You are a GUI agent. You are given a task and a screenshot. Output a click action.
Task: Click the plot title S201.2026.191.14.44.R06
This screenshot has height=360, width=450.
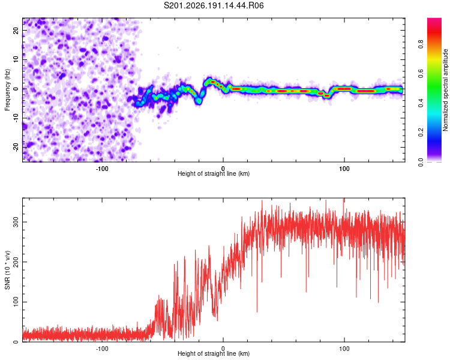(x=214, y=5)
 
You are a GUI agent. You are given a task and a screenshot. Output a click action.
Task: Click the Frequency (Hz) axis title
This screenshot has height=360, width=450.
(x=7, y=90)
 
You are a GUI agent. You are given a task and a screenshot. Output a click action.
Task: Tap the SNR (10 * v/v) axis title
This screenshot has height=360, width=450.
(x=7, y=270)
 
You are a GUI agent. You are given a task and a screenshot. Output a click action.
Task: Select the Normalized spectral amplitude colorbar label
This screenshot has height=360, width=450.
(x=445, y=90)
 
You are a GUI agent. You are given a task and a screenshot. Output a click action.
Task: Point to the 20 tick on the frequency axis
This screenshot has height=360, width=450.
(x=16, y=30)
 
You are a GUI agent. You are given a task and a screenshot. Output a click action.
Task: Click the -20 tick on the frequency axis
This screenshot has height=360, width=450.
(x=16, y=148)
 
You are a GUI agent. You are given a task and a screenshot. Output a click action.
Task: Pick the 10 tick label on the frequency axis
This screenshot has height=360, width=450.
(x=16, y=59)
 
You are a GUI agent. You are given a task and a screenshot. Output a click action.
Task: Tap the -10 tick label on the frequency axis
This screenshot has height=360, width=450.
(x=16, y=118)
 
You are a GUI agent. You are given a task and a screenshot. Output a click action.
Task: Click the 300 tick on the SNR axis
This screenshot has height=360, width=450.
(x=16, y=222)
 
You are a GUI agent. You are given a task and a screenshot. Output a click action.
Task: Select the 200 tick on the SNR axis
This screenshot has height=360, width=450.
(x=16, y=262)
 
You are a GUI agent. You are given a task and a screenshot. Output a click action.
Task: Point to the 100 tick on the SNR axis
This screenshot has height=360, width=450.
(x=16, y=302)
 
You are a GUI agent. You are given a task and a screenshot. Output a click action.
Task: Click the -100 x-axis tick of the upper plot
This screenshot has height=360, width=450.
(x=101, y=169)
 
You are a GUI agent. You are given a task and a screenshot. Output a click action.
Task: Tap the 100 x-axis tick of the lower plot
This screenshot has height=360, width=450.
(x=344, y=349)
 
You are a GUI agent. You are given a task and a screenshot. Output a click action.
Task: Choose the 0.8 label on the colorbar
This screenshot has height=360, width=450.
(x=421, y=44)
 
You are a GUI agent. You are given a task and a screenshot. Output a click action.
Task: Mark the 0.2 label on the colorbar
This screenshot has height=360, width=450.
(x=421, y=133)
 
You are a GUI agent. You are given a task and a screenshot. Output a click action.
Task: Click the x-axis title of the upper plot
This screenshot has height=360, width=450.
(x=214, y=173)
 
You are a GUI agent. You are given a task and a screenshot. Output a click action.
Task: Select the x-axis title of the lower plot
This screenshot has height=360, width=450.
(x=214, y=353)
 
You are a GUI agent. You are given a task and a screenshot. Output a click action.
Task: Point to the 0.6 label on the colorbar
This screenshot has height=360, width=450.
(x=421, y=73)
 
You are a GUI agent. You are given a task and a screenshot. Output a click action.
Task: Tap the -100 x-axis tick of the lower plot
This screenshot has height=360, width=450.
(x=101, y=349)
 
